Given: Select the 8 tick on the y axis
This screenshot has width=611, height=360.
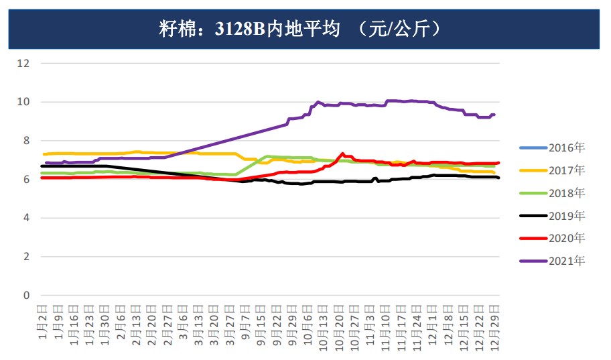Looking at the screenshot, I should pyautogui.click(x=27, y=141).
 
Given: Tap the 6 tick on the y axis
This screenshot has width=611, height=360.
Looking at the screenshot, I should pyautogui.click(x=27, y=180).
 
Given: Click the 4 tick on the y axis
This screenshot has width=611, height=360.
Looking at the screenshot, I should pyautogui.click(x=27, y=218).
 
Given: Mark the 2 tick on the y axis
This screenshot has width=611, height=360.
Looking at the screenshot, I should pyautogui.click(x=27, y=257).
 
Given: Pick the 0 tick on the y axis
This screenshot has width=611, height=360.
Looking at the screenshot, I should pyautogui.click(x=27, y=296).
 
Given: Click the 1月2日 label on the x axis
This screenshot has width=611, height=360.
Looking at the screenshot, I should pyautogui.click(x=43, y=320).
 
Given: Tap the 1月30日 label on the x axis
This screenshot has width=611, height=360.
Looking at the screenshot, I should pyautogui.click(x=105, y=322).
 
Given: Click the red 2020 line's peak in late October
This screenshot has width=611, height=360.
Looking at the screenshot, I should pyautogui.click(x=342, y=154).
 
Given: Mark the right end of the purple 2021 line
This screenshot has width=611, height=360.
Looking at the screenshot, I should pyautogui.click(x=494, y=115).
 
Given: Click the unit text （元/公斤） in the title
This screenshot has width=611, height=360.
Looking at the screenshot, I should pyautogui.click(x=399, y=28).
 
